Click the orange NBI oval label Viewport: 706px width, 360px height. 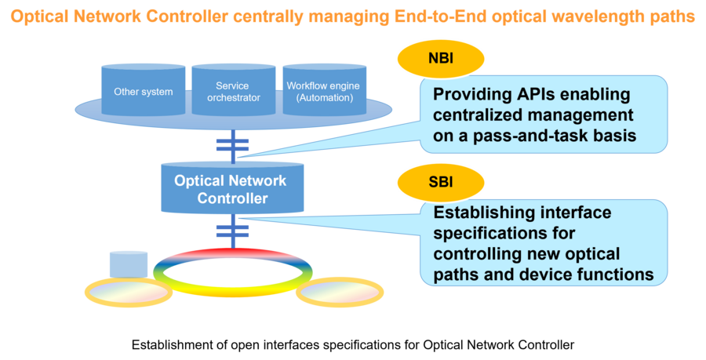[441, 58]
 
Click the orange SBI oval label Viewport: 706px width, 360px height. [441, 182]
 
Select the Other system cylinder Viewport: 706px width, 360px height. [143, 91]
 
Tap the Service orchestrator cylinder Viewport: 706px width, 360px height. [233, 91]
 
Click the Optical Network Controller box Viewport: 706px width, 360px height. [231, 188]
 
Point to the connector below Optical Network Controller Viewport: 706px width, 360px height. [231, 231]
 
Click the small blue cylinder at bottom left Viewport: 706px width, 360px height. [128, 264]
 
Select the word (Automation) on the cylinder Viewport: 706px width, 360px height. [319, 98]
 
